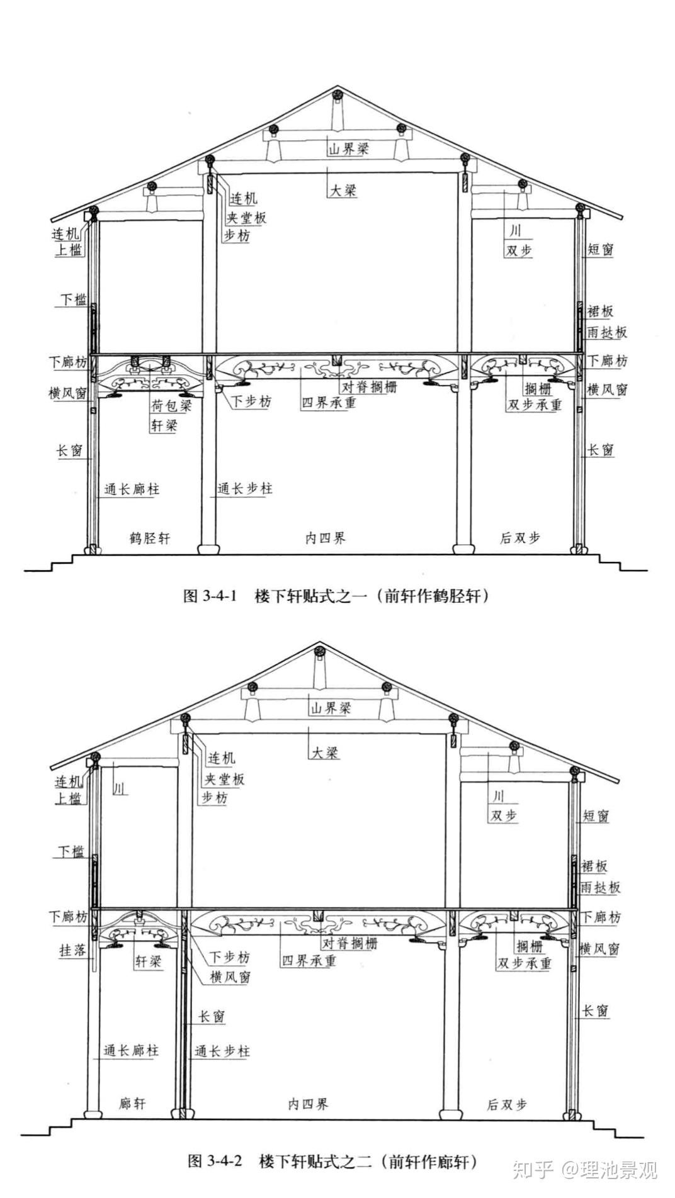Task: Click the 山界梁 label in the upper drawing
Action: (348, 149)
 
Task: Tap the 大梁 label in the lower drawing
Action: (324, 752)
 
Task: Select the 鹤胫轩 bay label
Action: (150, 538)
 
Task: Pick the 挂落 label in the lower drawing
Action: (72, 950)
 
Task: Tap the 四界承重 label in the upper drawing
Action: (328, 402)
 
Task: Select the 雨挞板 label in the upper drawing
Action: (607, 332)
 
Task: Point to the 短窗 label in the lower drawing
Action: (596, 816)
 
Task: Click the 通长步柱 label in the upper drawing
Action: (245, 488)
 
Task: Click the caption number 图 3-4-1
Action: (209, 596)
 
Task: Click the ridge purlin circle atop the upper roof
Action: (336, 95)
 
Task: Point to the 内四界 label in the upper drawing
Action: (326, 538)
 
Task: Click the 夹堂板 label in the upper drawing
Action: (246, 218)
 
